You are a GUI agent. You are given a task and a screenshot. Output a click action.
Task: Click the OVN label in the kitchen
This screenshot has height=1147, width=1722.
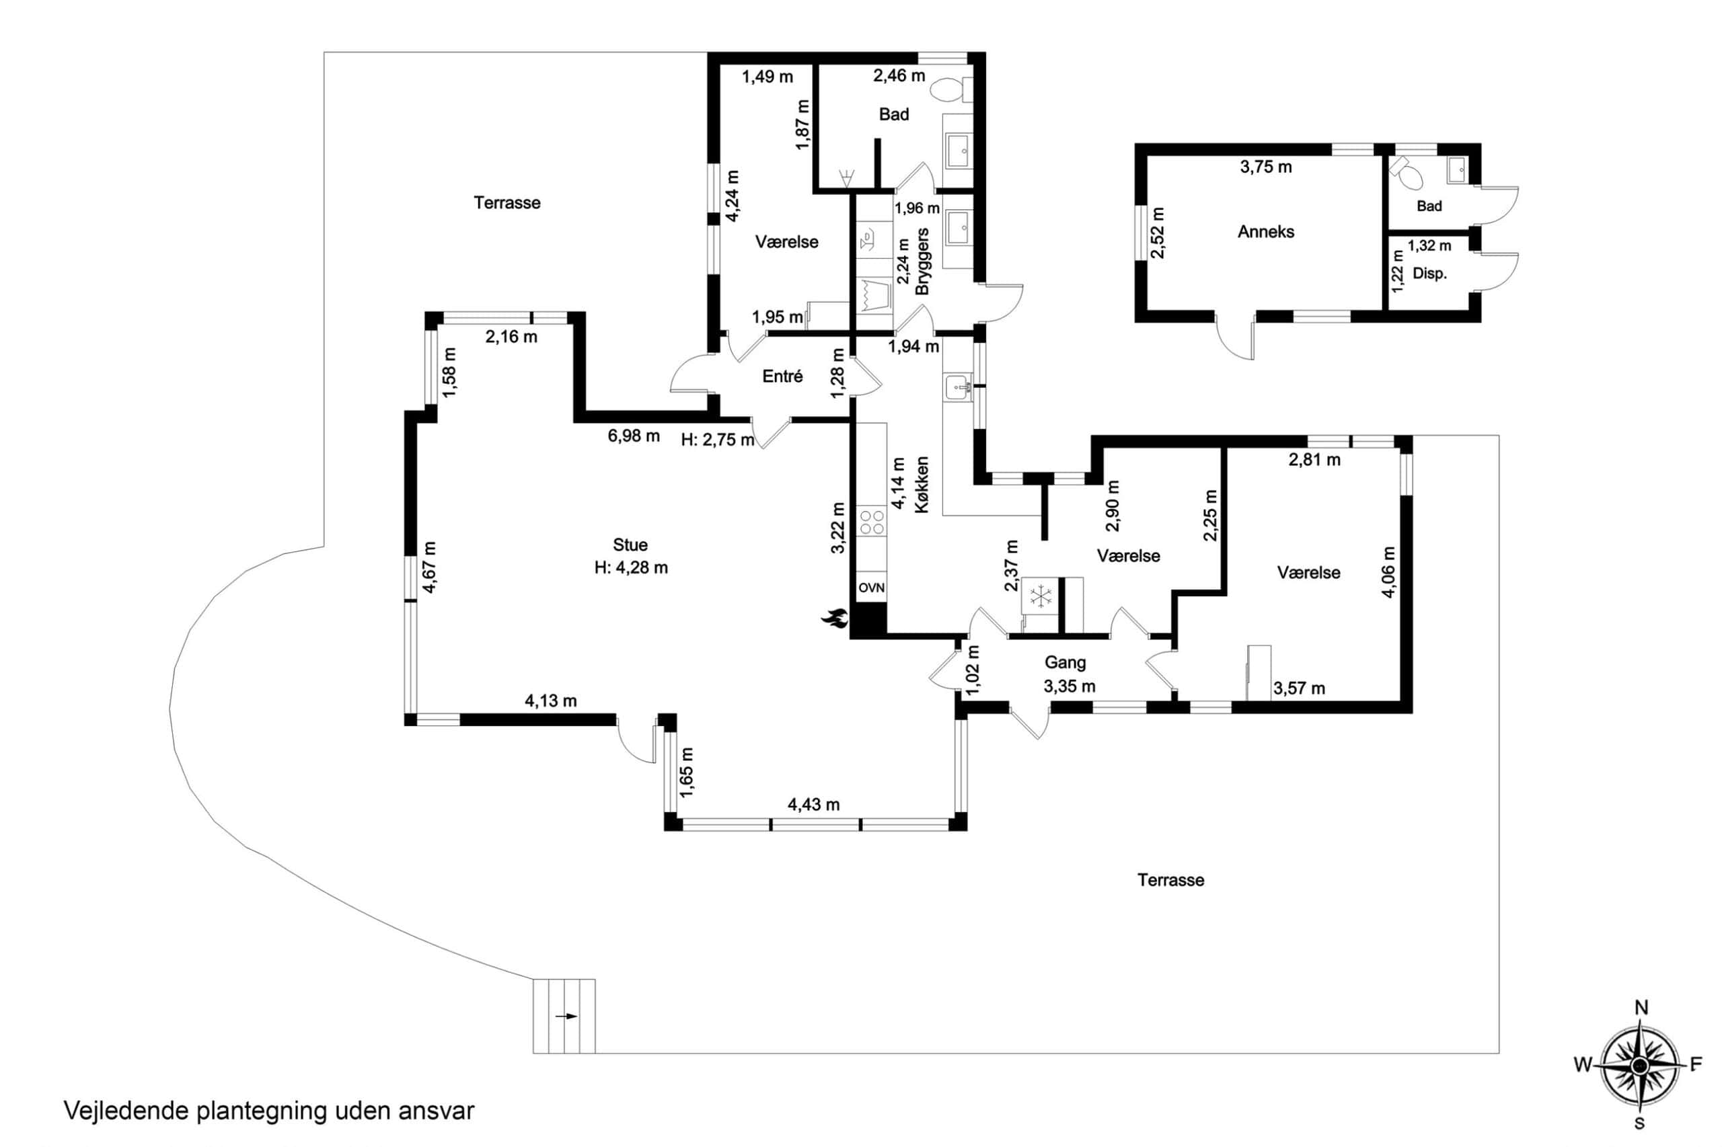[x=871, y=588]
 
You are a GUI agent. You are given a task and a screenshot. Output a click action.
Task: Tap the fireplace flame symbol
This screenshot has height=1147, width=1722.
[x=834, y=619]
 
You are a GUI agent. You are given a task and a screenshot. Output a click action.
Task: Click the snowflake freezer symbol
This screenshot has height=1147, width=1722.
[x=1039, y=596]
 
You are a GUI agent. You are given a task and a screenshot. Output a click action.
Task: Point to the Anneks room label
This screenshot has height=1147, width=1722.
[x=1265, y=232]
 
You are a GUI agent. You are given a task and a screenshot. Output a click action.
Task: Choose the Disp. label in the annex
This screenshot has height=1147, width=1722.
[x=1429, y=274]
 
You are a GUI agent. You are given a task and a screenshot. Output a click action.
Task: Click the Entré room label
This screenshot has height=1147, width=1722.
[x=782, y=376]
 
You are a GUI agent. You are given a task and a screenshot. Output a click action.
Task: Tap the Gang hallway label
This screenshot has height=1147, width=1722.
[x=1065, y=663]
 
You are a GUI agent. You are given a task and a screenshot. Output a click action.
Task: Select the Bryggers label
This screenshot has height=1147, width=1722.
[x=922, y=261]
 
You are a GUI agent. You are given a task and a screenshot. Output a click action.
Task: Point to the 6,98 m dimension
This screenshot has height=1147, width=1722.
[x=634, y=436]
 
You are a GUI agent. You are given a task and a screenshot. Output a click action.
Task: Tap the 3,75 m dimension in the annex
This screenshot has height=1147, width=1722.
[x=1265, y=167]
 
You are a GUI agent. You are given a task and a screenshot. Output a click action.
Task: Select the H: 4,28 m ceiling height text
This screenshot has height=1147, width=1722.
[x=631, y=567]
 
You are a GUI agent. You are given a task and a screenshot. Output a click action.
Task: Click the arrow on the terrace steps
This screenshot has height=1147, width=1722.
[x=566, y=1016]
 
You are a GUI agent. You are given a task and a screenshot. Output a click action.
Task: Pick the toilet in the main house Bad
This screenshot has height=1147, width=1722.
[x=951, y=91]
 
